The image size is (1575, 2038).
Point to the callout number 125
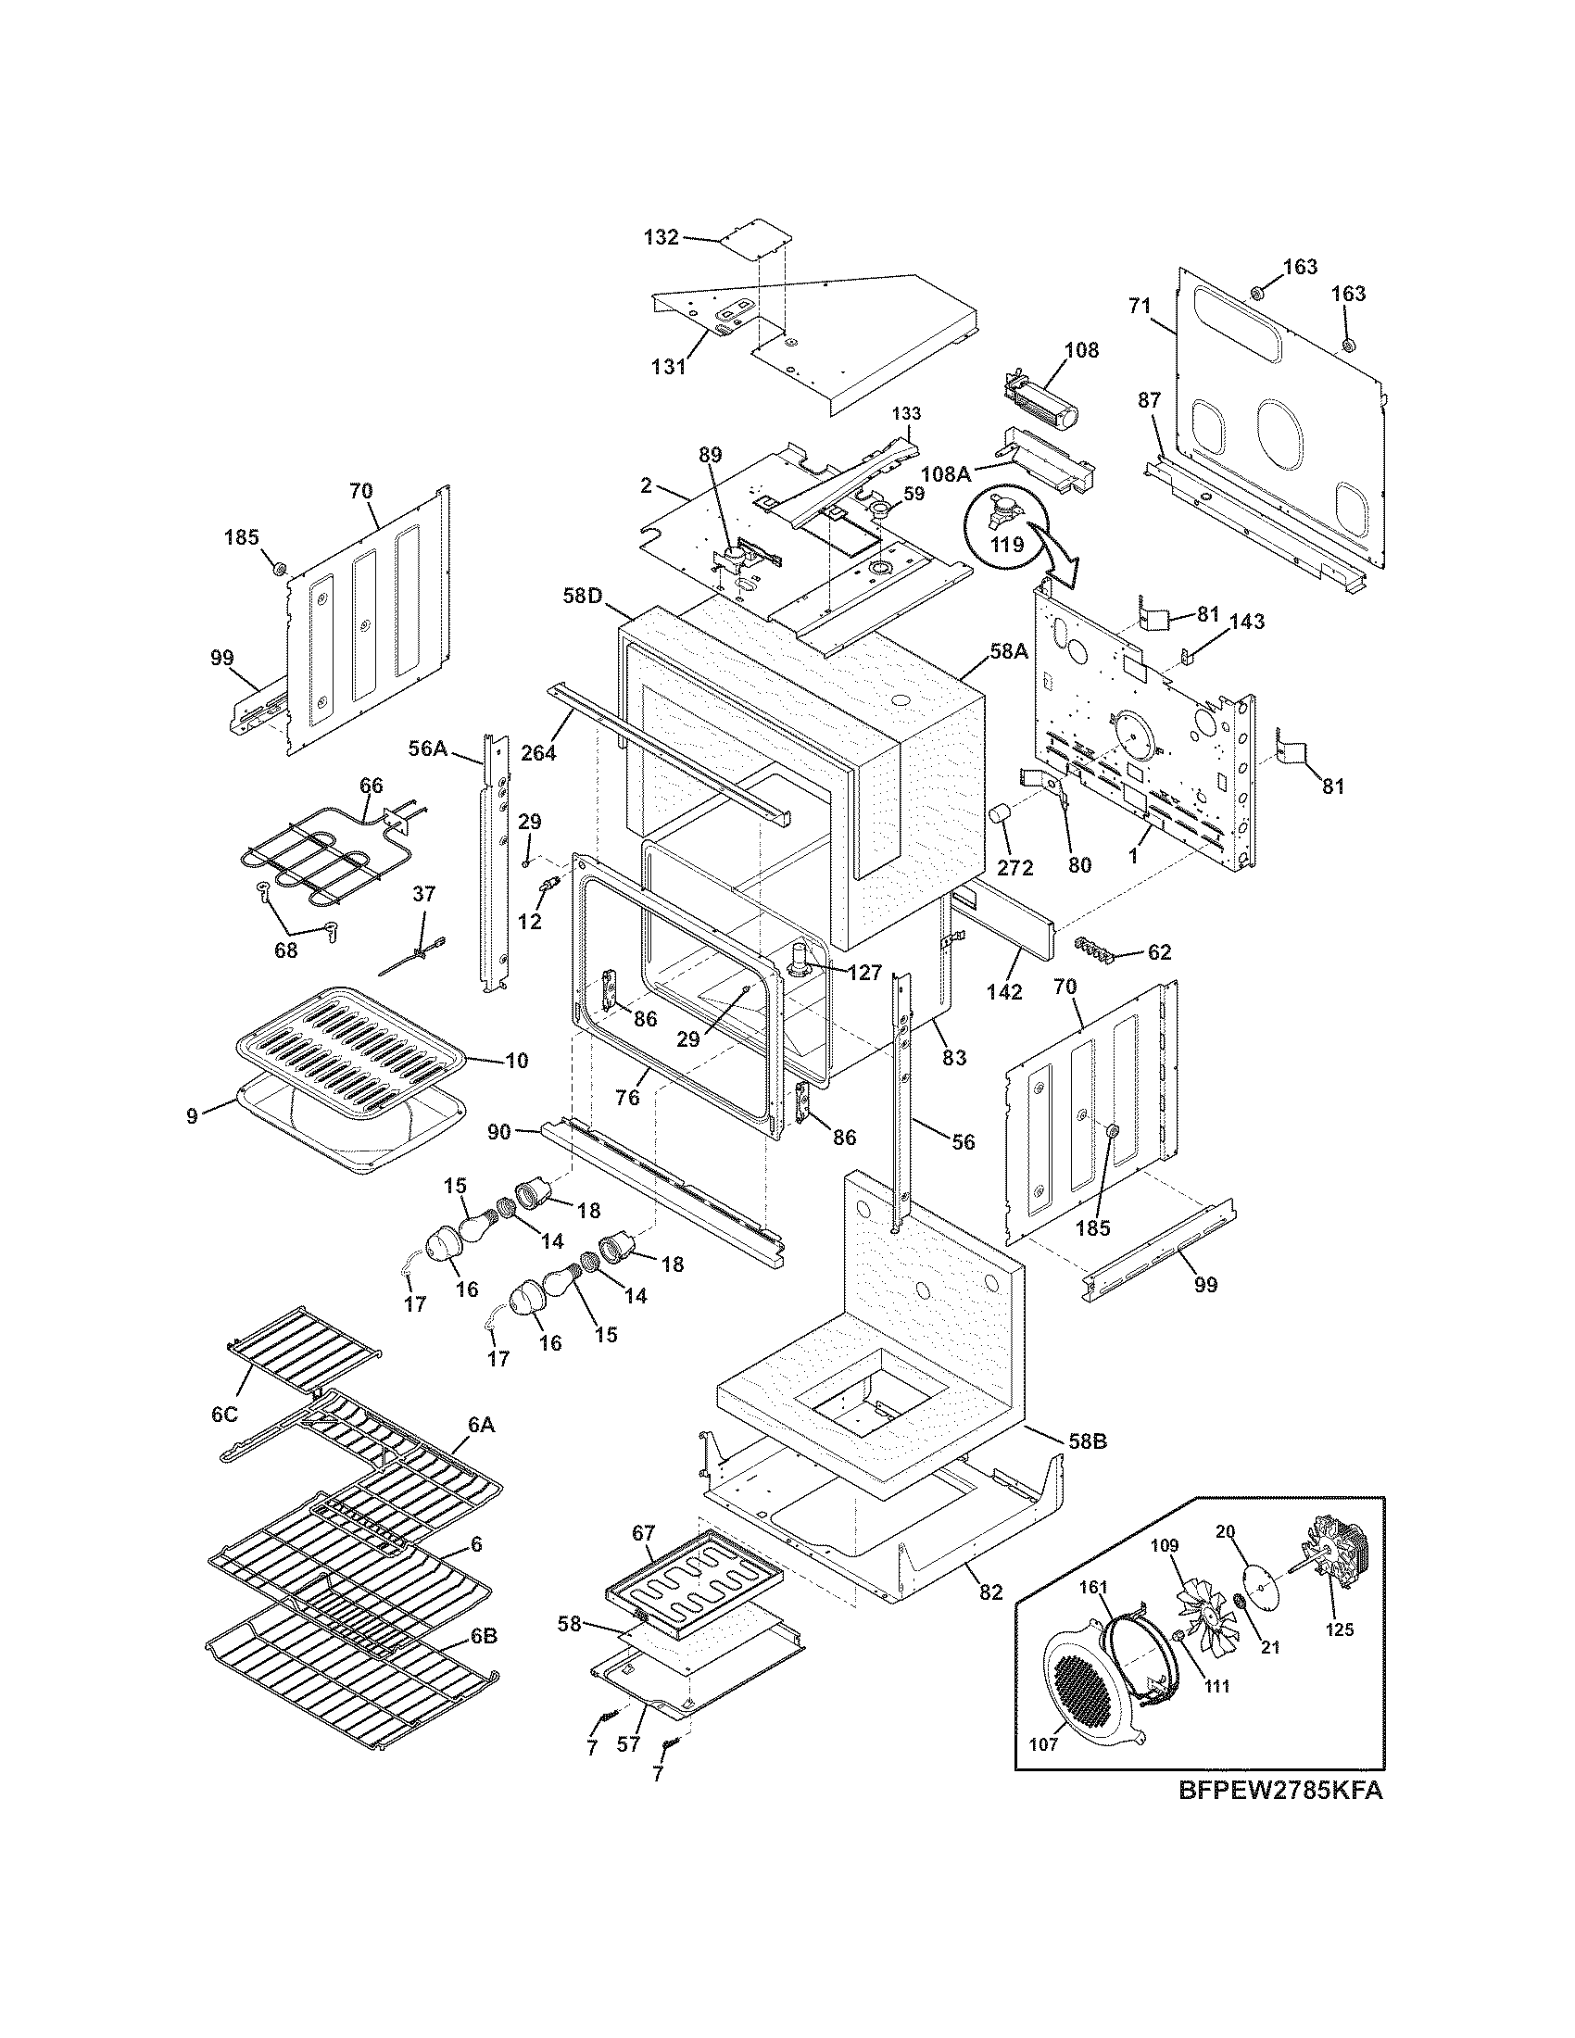coord(1340,1629)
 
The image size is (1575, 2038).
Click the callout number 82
coord(990,1591)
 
